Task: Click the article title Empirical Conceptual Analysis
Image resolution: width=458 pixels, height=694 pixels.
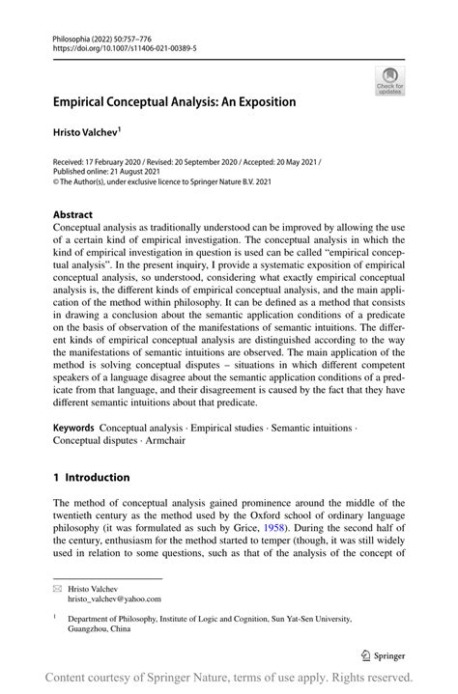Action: [174, 100]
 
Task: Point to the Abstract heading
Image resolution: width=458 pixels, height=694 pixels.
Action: [72, 214]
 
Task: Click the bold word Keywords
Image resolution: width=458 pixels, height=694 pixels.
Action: [73, 427]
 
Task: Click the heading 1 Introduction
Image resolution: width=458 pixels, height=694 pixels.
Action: [91, 477]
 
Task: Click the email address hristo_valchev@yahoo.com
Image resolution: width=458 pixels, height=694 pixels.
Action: [113, 598]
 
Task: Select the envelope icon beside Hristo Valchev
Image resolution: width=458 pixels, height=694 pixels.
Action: [57, 586]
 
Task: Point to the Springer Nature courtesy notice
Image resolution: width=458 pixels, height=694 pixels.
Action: [229, 677]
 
